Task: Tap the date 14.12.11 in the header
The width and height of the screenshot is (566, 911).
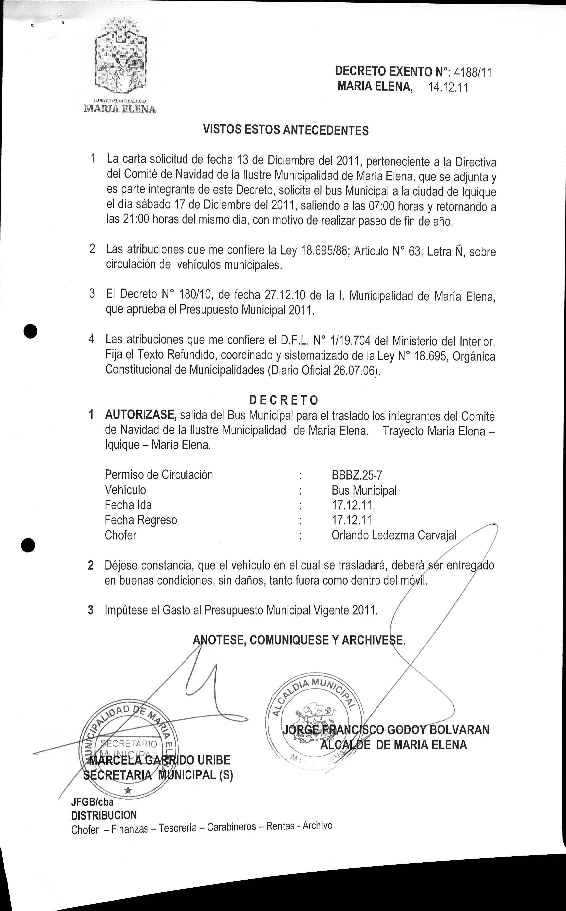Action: [x=448, y=87]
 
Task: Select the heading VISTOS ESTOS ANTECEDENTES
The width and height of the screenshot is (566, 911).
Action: [x=286, y=130]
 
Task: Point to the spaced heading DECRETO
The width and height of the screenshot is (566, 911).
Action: [x=284, y=400]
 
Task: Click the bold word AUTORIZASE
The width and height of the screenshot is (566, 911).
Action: [x=140, y=415]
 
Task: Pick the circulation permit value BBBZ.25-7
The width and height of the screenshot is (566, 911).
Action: [x=357, y=475]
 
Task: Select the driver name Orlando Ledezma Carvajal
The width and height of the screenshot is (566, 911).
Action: [x=394, y=535]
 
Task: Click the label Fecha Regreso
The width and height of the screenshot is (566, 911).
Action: [x=141, y=520]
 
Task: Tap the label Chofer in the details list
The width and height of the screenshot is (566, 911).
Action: [x=121, y=535]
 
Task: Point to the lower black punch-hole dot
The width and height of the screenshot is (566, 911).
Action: [x=28, y=545]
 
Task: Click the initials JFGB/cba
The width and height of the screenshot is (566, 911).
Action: [x=92, y=802]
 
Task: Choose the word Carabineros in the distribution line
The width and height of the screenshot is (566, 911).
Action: [x=231, y=827]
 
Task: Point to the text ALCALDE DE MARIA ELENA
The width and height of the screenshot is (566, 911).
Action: [x=393, y=744]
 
